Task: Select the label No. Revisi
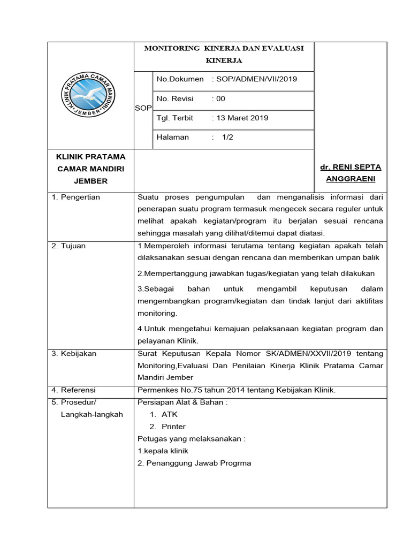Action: (x=174, y=98)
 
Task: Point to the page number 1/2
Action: (x=228, y=137)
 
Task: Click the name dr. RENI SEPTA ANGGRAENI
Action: (x=350, y=173)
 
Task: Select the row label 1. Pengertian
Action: (x=76, y=197)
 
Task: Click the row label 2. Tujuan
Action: (x=68, y=246)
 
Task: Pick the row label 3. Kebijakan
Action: (x=74, y=354)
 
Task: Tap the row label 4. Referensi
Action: (x=74, y=390)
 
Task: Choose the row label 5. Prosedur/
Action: (x=75, y=402)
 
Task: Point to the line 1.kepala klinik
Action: (x=163, y=451)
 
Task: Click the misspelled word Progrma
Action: (x=235, y=463)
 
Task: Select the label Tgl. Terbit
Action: (x=174, y=118)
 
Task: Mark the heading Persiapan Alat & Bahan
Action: (x=182, y=402)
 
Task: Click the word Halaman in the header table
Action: (x=172, y=137)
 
